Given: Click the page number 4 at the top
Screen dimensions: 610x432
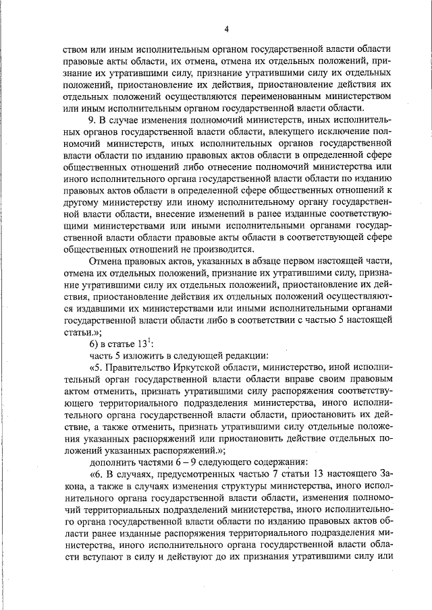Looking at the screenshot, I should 227,28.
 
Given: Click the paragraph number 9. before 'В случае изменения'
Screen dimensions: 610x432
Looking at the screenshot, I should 94,119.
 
